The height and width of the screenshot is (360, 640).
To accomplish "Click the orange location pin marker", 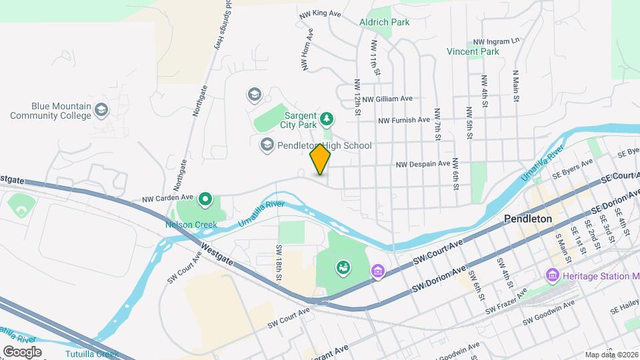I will (x=321, y=159).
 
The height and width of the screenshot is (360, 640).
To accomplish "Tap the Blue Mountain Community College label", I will (x=51, y=111).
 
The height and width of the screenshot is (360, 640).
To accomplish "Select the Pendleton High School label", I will (x=324, y=145).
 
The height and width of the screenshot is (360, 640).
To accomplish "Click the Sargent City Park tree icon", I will (x=326, y=119).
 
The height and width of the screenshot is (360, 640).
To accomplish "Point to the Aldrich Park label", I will (x=384, y=22).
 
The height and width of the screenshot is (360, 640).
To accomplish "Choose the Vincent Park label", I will (x=473, y=51).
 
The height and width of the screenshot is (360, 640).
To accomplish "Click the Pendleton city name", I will (x=528, y=219).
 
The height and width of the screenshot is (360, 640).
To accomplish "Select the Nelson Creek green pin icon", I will (x=206, y=199).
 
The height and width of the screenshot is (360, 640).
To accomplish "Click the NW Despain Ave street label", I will (x=423, y=163).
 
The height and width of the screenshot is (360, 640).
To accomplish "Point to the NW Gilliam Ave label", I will (x=387, y=99).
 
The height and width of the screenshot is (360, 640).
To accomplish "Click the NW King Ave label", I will (x=321, y=13).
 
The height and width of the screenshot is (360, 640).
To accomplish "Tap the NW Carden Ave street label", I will (x=167, y=198).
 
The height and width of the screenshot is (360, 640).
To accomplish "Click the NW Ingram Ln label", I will (x=496, y=41).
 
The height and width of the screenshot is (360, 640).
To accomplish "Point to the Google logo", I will (x=22, y=351).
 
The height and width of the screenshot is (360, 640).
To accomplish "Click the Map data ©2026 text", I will (x=611, y=355).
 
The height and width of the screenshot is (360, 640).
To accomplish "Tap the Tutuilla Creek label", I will (x=92, y=354).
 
